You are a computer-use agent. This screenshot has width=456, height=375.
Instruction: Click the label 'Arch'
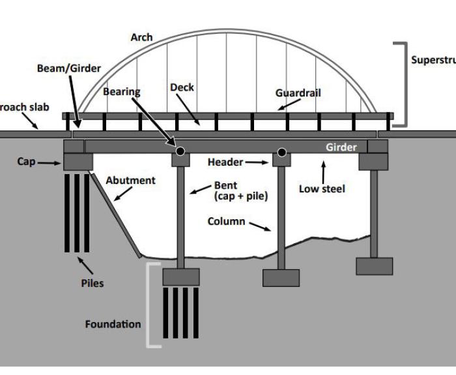pos(141,37)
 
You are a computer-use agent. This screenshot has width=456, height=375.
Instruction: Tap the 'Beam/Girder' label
pos(68,68)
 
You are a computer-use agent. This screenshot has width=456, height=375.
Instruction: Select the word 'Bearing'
pos(122,92)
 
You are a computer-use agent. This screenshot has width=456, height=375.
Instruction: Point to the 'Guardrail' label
pos(298,93)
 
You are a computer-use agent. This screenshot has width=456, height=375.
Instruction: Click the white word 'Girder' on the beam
pos(341,147)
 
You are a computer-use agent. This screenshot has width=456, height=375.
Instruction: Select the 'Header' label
pos(225,162)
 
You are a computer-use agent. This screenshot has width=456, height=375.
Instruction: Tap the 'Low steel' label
pos(322,189)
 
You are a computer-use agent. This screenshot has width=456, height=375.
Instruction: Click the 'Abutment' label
pos(130,180)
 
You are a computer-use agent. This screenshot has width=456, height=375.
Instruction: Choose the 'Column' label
pos(226,221)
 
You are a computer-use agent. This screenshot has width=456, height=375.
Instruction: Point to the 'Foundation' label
pos(113,323)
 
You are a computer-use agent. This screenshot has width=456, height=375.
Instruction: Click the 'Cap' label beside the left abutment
pos(27,161)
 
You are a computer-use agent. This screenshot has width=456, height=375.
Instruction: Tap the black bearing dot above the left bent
pos(180,151)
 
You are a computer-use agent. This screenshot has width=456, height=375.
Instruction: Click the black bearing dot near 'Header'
pos(281,153)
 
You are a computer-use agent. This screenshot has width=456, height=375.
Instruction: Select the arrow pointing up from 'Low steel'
pos(322,172)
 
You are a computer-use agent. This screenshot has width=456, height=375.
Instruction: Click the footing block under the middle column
pos(281,278)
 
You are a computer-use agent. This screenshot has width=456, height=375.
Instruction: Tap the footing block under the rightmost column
pos(374,265)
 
